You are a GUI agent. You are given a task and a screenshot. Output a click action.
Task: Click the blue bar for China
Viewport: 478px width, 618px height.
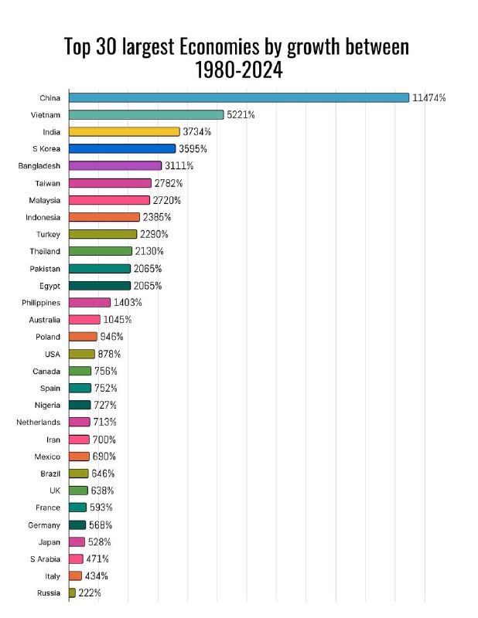[x=238, y=97]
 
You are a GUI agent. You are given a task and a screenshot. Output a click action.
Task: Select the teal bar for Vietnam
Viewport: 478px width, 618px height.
[x=146, y=114]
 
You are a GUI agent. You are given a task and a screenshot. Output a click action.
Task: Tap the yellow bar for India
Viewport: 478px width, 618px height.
[x=124, y=131]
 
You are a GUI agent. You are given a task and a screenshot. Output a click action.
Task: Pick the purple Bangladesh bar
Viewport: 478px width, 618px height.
[x=115, y=166]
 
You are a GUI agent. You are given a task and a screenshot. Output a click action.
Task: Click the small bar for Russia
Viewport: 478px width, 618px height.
[x=72, y=593]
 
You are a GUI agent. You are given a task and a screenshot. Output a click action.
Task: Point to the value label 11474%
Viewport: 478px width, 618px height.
[x=429, y=97]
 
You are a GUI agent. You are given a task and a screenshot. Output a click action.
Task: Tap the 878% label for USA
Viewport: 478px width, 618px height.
[x=109, y=354]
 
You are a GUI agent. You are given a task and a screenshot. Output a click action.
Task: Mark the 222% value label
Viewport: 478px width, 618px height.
[x=90, y=593]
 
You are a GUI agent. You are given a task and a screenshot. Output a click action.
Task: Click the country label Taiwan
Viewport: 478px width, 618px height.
[x=47, y=183]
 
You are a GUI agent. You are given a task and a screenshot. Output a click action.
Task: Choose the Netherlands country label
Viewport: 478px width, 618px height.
[x=38, y=423]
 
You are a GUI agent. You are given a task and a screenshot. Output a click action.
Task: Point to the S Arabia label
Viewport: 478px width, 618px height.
[x=45, y=559]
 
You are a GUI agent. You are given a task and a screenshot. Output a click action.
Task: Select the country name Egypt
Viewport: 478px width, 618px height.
[x=50, y=286]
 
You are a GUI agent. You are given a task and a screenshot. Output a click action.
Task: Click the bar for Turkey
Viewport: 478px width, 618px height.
[x=103, y=234]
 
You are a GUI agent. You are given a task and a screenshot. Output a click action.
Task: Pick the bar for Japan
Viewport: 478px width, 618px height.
[x=77, y=542]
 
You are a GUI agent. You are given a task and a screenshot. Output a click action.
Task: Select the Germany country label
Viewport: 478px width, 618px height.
[x=43, y=525]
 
